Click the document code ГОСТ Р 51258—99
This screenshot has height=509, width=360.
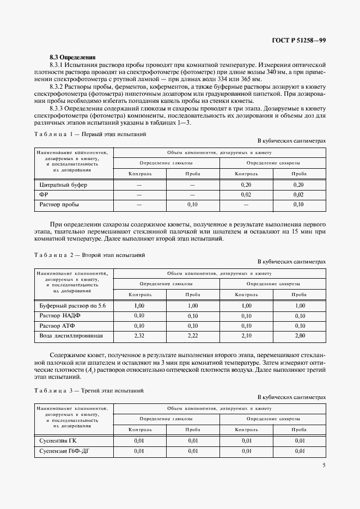[x=298, y=41]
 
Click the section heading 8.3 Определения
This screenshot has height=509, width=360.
[x=72, y=57]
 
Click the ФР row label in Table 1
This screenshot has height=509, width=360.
[x=44, y=194]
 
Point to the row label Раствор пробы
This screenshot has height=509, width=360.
[x=59, y=205]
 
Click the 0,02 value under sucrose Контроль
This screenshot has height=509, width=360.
[x=246, y=194]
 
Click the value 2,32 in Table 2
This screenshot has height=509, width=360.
[x=139, y=335]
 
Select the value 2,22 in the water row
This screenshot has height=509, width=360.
[x=193, y=335]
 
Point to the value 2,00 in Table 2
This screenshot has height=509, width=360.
[x=298, y=335]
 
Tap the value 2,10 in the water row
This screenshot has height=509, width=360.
[x=246, y=335]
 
